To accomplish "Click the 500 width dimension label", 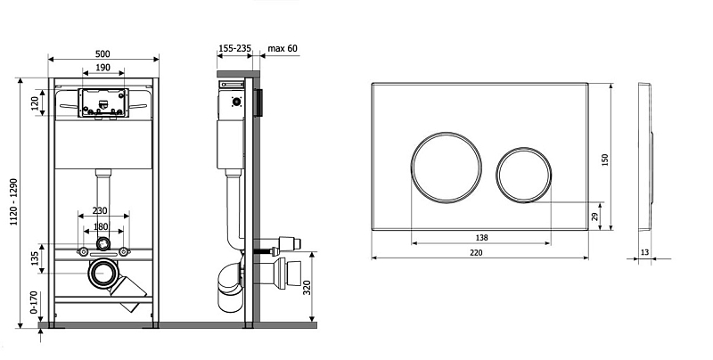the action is [x=102, y=53].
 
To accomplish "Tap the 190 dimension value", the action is [x=102, y=67].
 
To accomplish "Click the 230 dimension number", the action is [x=100, y=210].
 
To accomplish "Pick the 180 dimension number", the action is [x=101, y=226].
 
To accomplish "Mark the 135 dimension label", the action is [x=35, y=259].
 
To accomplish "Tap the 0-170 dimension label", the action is [x=33, y=302].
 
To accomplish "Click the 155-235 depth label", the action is [x=234, y=48].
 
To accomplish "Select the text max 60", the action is [x=283, y=48].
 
